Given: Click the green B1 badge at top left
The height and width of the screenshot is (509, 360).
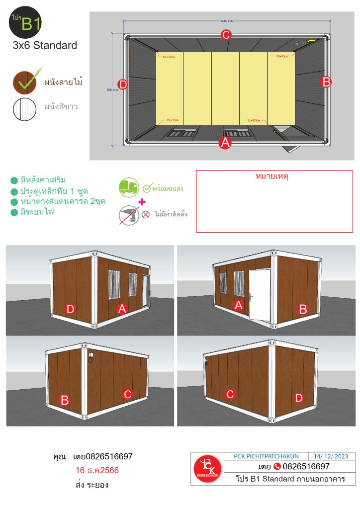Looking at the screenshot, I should click(x=25, y=22).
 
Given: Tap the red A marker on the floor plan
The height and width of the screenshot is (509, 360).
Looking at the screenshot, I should click(x=225, y=143).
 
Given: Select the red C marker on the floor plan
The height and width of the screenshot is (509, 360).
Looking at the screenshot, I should click(x=226, y=35).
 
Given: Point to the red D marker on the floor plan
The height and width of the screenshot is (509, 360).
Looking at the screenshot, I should click(x=123, y=85).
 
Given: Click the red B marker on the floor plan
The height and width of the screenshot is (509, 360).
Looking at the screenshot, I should click(x=326, y=82).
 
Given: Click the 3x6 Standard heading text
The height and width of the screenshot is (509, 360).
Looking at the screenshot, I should click(x=45, y=46).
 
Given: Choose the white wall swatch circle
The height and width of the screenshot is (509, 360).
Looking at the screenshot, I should click(x=25, y=107).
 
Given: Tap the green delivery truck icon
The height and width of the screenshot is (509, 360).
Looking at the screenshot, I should click(x=129, y=187).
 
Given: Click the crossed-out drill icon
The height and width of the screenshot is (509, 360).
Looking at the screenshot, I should click(x=129, y=216).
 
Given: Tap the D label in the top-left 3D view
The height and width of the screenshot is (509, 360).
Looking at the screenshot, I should click(x=70, y=309).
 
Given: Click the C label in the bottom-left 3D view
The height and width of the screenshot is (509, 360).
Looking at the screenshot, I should click(x=127, y=394).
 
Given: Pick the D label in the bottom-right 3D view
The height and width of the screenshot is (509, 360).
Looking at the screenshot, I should click(x=298, y=397).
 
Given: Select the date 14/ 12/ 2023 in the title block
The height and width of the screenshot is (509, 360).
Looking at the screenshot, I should click(x=331, y=456).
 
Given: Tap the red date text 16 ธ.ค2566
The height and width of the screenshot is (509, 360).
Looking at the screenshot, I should click(x=97, y=470).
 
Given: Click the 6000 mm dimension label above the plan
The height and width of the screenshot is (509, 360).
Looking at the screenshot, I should click(x=226, y=20).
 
